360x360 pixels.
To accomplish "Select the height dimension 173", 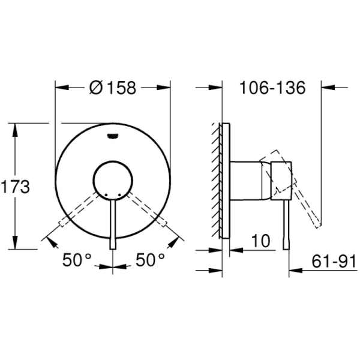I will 15,187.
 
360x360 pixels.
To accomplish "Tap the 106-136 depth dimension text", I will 272,88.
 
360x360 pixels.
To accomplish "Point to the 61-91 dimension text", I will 334,261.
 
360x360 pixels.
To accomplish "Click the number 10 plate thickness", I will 260,241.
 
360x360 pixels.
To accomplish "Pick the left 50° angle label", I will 78,261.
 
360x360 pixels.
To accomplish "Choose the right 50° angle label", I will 150,261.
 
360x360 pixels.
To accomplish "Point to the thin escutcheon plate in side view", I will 224,180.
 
